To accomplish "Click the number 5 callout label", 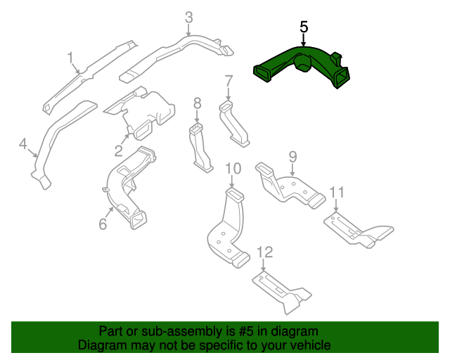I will (x=304, y=27).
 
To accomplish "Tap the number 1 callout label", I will (x=70, y=56).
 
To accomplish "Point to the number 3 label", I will (x=188, y=17).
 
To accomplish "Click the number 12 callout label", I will (x=264, y=252).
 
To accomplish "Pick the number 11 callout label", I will (x=337, y=192).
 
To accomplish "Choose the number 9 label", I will (x=292, y=156).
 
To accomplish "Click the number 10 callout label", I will (x=233, y=168).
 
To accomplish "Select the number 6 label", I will (x=103, y=224).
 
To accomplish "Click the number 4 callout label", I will (x=22, y=144).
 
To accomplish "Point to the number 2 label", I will (x=118, y=151).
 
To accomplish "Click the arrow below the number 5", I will (x=304, y=41).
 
